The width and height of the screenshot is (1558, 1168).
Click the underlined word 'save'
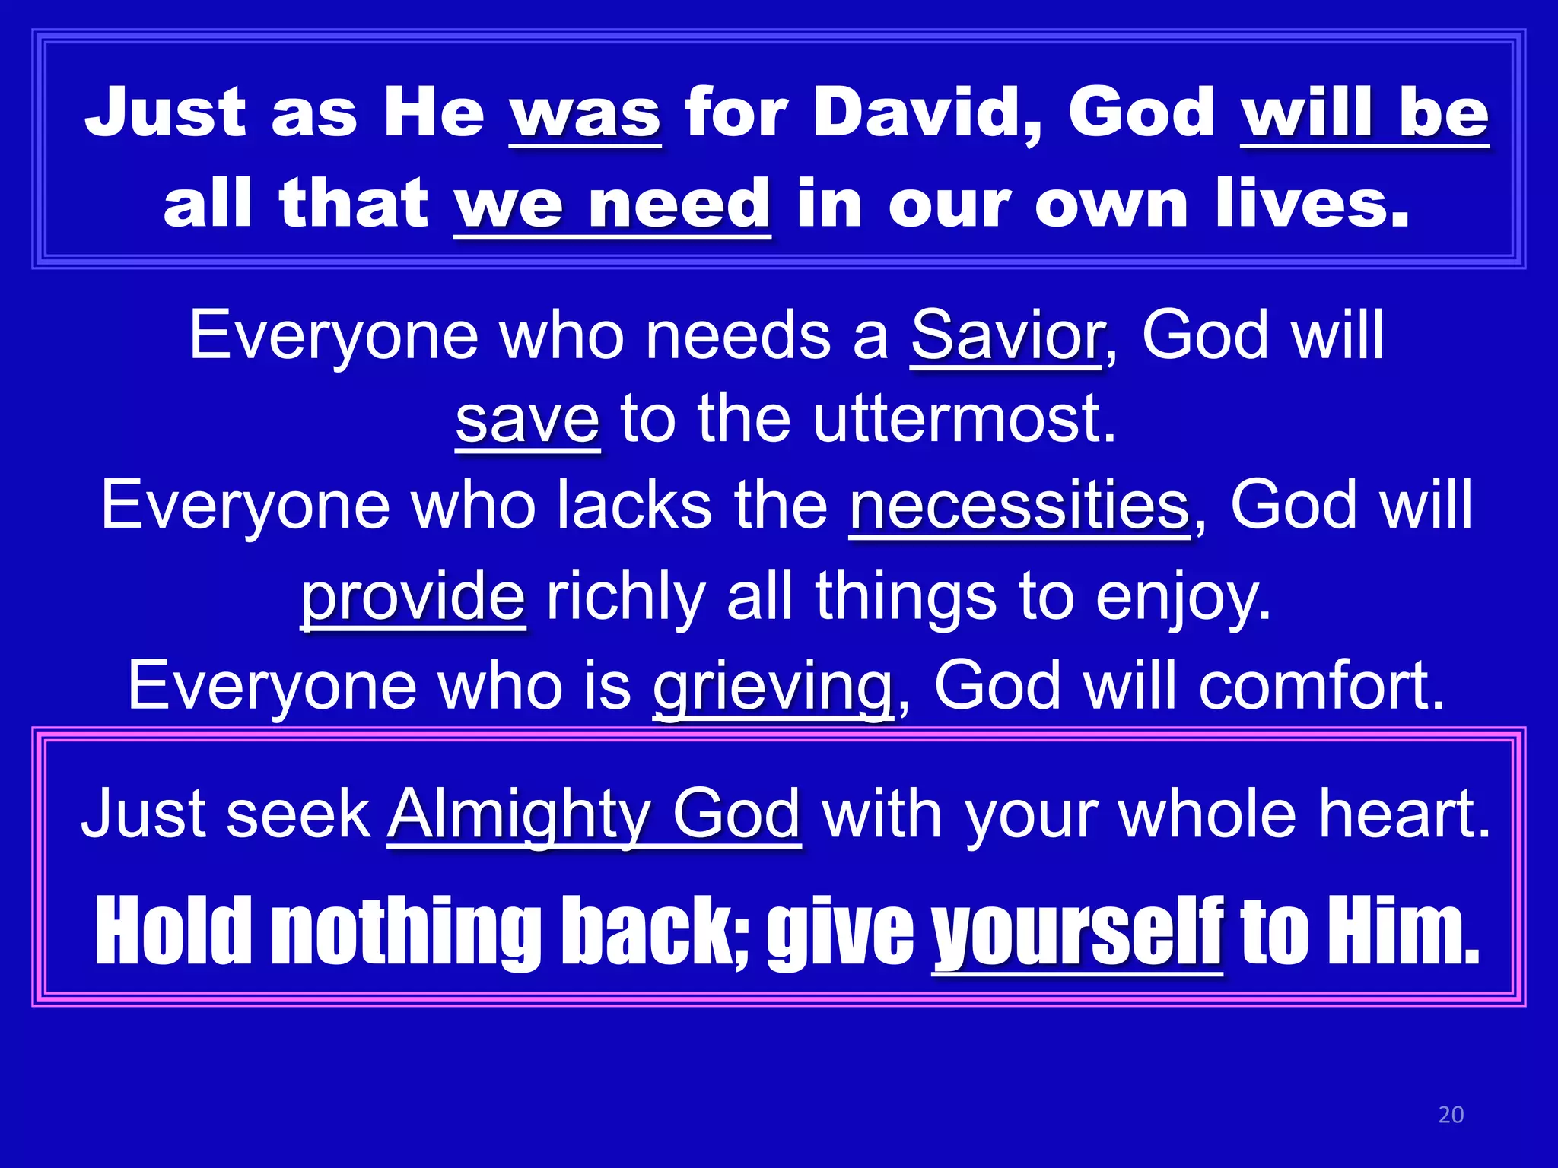[x=527, y=420]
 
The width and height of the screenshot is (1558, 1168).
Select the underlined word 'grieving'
[x=772, y=686]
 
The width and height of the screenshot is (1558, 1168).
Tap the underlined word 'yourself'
[x=1077, y=932]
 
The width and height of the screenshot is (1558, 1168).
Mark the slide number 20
[x=1451, y=1115]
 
